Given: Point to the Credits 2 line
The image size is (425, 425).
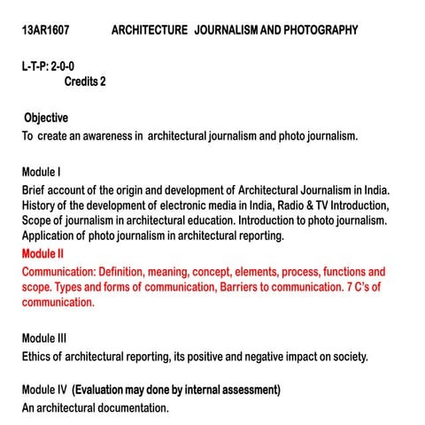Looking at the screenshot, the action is click(91, 82).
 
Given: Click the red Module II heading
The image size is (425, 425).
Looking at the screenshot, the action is click(46, 254).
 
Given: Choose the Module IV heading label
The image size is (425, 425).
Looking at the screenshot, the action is click(45, 390).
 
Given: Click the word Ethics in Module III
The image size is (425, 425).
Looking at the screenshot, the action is click(38, 357).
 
